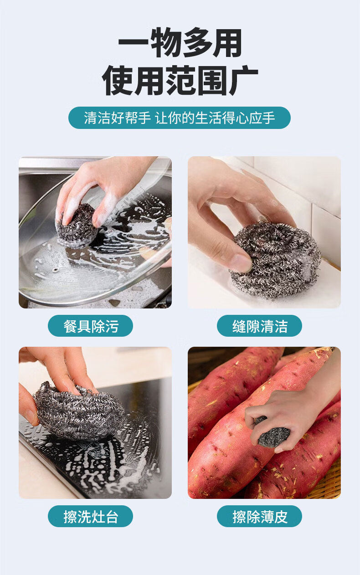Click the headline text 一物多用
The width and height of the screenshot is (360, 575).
tap(180, 43)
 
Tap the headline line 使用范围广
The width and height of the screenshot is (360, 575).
tap(180, 80)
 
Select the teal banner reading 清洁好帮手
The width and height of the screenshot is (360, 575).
tap(180, 118)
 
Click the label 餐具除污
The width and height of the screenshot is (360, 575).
tap(90, 326)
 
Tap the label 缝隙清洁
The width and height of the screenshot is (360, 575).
tap(259, 326)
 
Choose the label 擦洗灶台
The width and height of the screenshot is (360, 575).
tap(90, 516)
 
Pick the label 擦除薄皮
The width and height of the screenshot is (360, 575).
tap(259, 516)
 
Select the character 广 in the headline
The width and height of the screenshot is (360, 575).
tap(243, 80)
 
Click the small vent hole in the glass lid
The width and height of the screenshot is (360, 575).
tap(56, 270)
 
